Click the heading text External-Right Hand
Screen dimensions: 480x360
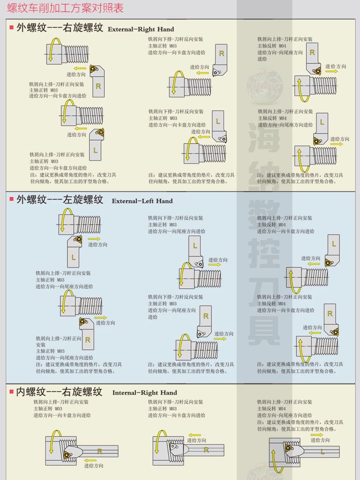point(141,29)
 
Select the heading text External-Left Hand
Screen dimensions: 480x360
point(142,201)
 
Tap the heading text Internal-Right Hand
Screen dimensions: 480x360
point(144,393)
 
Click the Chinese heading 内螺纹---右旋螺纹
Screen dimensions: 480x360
point(59,392)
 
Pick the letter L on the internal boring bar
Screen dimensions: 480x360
point(323,452)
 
